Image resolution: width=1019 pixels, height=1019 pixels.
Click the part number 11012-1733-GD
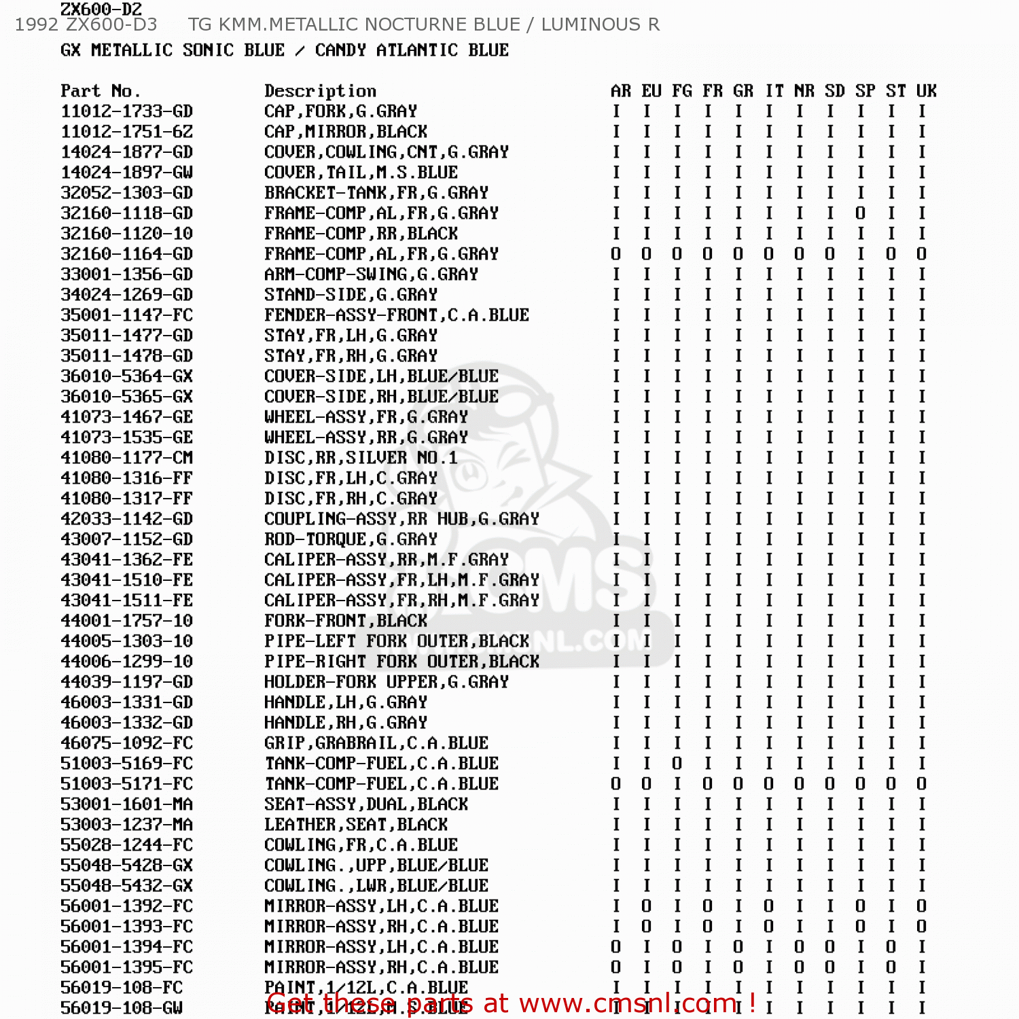coord(126,111)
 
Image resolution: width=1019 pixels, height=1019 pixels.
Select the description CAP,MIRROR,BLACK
coord(346,132)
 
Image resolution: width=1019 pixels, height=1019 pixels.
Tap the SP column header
coord(865,91)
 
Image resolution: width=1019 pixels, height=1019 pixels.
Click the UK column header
coord(926,91)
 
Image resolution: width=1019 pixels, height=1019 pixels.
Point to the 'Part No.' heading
coord(100,91)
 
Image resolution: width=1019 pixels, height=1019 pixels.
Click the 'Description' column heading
coord(320,91)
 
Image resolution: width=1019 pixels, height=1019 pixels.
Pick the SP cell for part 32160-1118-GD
coord(860,213)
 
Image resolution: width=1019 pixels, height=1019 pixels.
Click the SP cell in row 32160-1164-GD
coord(860,254)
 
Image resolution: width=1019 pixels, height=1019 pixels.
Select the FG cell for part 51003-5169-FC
coord(677,764)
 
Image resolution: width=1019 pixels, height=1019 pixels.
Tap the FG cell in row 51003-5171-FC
coord(677,784)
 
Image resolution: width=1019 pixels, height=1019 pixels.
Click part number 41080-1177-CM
coord(126,458)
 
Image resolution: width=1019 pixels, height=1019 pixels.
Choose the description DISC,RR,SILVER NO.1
coord(361,458)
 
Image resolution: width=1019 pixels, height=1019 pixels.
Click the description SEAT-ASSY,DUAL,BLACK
coord(366,804)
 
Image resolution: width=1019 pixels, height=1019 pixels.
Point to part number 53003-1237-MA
coord(126,825)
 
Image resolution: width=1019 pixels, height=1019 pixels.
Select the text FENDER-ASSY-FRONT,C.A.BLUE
coord(397,315)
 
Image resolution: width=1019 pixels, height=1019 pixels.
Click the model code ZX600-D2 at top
coord(101,10)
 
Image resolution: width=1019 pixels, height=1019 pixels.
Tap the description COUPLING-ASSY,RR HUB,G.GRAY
coord(401,519)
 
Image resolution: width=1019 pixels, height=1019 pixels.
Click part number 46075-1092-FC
coord(126,743)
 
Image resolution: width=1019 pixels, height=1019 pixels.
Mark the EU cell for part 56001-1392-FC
coord(646,906)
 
